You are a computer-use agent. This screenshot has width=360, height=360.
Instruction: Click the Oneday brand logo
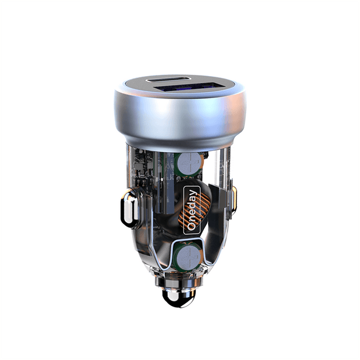pos(190,210)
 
